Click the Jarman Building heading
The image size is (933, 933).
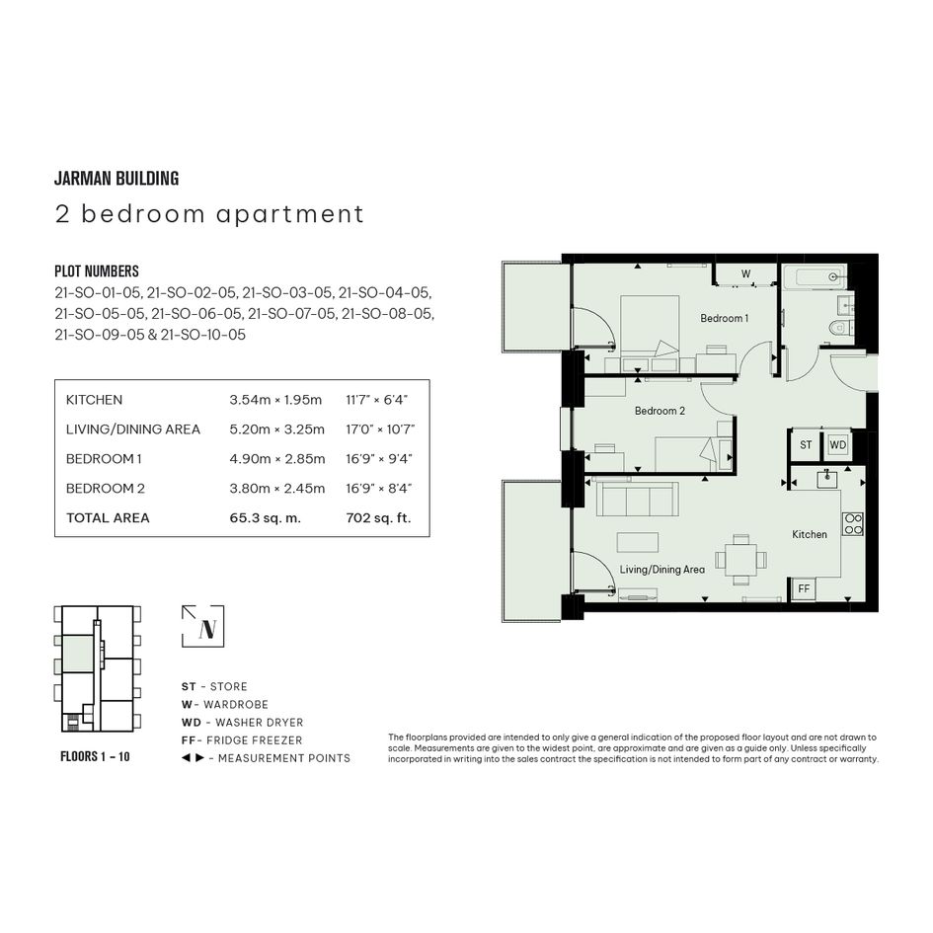[x=117, y=179]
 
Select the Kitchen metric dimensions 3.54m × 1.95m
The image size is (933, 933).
[x=275, y=400]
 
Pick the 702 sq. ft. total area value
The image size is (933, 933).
[x=378, y=517]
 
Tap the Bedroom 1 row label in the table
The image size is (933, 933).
[x=104, y=459]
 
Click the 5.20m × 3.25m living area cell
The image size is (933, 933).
[x=277, y=429]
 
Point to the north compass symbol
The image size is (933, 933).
[x=203, y=626]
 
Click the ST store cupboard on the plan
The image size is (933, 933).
[x=805, y=445]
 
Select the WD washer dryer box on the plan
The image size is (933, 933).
[x=838, y=445]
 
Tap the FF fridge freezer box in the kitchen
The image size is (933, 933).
[x=804, y=589]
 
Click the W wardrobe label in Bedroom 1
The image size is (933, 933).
[x=745, y=274]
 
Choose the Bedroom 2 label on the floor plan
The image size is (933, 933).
[x=660, y=411]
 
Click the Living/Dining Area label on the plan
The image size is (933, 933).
[x=662, y=570]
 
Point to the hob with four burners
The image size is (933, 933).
[x=853, y=523]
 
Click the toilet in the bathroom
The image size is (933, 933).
[x=839, y=327]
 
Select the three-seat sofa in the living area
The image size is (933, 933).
[x=637, y=500]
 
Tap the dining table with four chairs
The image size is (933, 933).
[x=740, y=560]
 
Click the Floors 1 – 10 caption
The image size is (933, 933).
[x=95, y=756]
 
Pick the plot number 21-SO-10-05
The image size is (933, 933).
[x=203, y=335]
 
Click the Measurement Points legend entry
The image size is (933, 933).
[x=266, y=758]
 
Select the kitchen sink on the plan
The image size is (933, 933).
[x=827, y=479]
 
